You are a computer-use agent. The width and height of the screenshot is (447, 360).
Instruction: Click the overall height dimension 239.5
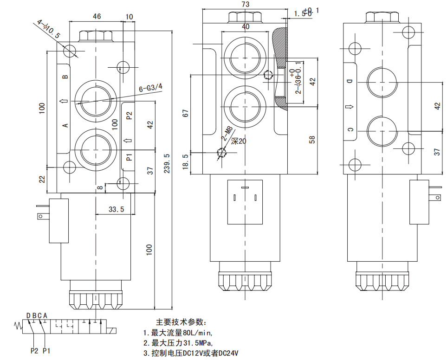pos(167,163)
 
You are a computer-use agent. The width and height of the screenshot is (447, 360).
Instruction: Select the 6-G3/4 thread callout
pos(151,88)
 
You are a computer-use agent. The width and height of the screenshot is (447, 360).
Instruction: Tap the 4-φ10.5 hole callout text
pos(48,28)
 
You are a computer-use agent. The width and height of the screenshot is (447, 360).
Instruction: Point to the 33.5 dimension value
pos(116,209)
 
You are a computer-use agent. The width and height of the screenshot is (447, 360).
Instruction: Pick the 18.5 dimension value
pos(186,163)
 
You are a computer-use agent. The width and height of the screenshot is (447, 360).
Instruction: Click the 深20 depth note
pos(237,141)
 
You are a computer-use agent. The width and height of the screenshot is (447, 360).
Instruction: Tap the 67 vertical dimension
pos(186,113)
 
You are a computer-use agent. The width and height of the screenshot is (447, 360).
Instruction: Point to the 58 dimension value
pos(312,139)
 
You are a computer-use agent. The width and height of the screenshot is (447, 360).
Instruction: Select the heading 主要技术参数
pos(182,322)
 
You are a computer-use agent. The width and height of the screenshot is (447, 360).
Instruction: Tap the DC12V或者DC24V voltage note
pos(190,354)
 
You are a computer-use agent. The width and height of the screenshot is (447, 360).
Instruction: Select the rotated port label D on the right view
pos(351,82)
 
